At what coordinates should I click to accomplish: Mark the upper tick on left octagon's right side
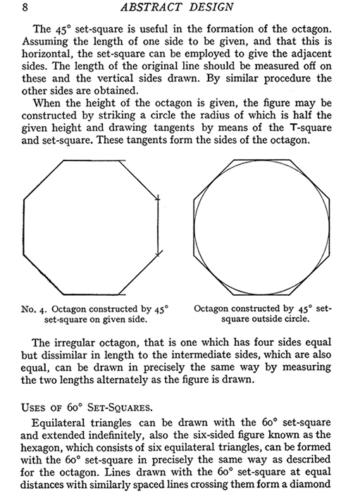pyautogui.click(x=160, y=204)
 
